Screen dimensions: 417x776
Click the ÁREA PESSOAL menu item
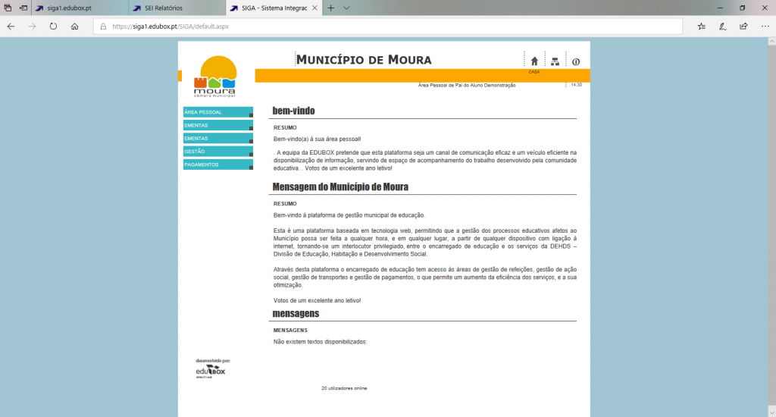tap(217, 112)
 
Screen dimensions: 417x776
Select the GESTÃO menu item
tap(217, 152)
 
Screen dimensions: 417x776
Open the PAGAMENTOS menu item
tap(217, 165)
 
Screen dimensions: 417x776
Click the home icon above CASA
tap(534, 61)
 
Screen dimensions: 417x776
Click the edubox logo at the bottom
tap(211, 370)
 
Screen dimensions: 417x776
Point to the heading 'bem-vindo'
tap(293, 111)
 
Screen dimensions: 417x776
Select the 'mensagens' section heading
tap(296, 313)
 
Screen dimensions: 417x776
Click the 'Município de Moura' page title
tap(363, 60)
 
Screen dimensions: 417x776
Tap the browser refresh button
tap(53, 26)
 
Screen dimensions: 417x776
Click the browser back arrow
tap(11, 26)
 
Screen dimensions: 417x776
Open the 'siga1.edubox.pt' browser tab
tap(64, 8)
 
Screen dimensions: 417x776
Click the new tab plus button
tap(331, 8)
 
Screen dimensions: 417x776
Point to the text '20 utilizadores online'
tap(344, 388)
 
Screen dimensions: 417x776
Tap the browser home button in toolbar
tap(74, 26)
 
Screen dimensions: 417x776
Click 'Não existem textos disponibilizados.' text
tap(320, 342)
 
